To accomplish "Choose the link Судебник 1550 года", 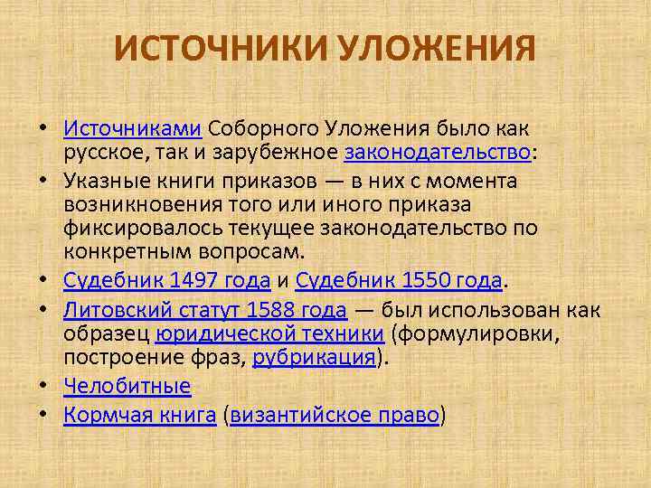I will [x=399, y=279].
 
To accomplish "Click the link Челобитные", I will [x=127, y=386].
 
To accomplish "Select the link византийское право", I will [x=335, y=415].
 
